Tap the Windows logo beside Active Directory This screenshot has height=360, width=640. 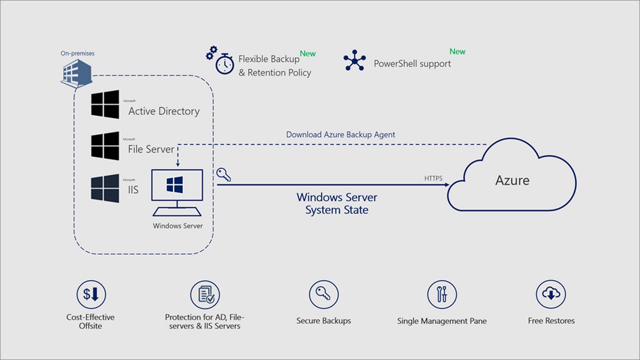tap(105, 104)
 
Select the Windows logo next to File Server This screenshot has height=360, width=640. tap(105, 146)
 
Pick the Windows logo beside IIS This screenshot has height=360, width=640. tap(105, 188)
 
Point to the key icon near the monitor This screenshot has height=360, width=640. tap(223, 174)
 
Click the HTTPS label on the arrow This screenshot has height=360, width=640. tap(433, 178)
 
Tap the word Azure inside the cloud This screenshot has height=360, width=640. tap(512, 180)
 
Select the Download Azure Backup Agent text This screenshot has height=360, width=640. tap(340, 134)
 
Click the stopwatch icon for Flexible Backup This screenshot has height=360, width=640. tap(224, 63)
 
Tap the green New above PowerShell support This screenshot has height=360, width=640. tap(457, 51)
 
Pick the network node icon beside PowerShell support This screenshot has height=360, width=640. tap(355, 60)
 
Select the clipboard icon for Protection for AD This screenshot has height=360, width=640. tap(205, 294)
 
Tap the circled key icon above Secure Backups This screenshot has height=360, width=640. tap(323, 294)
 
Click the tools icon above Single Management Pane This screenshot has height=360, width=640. tap(442, 294)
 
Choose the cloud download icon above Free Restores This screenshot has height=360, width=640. tap(551, 294)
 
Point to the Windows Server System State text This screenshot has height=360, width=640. tap(337, 203)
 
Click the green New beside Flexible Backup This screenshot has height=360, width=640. tap(307, 53)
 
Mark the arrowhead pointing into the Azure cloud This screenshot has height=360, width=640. tap(445, 184)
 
